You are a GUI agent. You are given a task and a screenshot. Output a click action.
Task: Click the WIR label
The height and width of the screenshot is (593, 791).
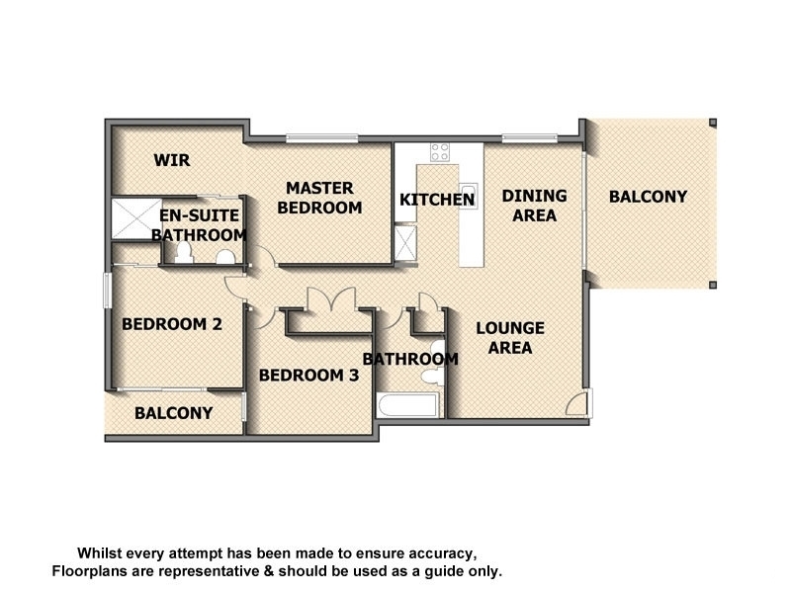172,160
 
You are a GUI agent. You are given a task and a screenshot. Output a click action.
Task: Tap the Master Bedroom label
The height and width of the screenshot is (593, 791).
319,198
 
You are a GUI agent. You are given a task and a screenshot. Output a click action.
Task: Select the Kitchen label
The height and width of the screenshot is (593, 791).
437,200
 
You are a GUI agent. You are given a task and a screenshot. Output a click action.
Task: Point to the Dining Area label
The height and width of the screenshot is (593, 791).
534,206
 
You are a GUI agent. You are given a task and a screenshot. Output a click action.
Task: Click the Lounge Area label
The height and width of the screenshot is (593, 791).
510,338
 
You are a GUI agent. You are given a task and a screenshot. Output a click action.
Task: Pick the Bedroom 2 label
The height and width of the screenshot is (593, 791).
172,324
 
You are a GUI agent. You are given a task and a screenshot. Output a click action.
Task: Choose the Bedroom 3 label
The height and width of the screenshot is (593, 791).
309,376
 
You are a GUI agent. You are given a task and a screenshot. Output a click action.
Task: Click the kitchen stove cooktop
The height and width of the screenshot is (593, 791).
439,152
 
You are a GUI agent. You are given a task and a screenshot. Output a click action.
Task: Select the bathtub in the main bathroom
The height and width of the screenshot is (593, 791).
407,405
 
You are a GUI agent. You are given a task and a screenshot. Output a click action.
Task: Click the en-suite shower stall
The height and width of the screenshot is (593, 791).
136,218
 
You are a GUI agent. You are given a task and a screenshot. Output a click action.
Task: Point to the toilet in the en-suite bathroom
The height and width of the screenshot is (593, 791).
184,253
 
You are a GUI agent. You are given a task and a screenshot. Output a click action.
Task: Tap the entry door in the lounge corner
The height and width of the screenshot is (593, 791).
578,402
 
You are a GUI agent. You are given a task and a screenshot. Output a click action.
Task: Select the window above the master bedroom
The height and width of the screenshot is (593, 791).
322,137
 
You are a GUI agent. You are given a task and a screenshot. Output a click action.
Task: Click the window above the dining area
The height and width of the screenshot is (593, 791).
529,137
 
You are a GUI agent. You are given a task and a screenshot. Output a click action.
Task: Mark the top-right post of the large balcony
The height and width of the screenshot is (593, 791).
712,123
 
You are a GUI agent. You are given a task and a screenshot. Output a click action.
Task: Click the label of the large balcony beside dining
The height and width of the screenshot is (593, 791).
649,197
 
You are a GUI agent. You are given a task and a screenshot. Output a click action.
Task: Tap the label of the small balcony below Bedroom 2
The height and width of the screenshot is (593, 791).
174,413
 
